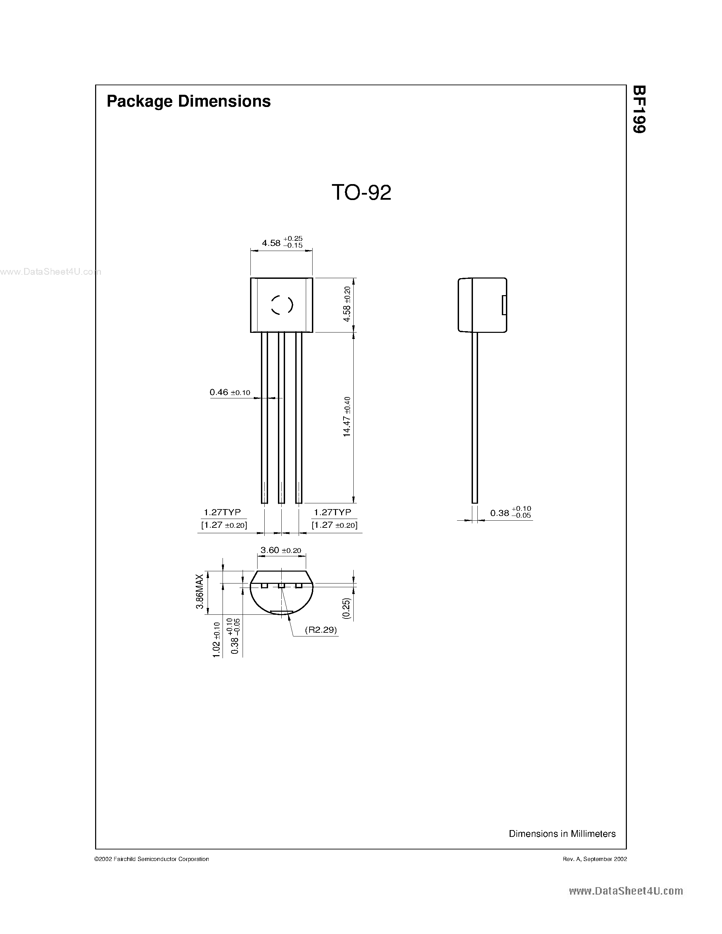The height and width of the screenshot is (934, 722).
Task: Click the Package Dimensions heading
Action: coord(188,101)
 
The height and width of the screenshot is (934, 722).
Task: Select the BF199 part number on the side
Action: coord(639,109)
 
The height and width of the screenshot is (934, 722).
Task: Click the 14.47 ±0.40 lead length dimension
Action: coord(347,416)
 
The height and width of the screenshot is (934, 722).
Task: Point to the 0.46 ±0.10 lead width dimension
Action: coord(230,392)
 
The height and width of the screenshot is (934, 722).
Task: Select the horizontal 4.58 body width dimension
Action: coord(281,243)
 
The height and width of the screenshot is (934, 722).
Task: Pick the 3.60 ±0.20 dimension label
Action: coord(281,551)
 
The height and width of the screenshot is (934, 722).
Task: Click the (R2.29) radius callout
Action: coord(321,630)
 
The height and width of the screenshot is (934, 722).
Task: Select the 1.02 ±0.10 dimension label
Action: coord(216,640)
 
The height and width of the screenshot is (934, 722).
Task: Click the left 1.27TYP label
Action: coord(222,512)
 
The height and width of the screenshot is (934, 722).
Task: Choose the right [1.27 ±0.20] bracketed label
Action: coord(334,525)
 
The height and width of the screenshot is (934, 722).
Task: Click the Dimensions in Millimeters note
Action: coord(562,833)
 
